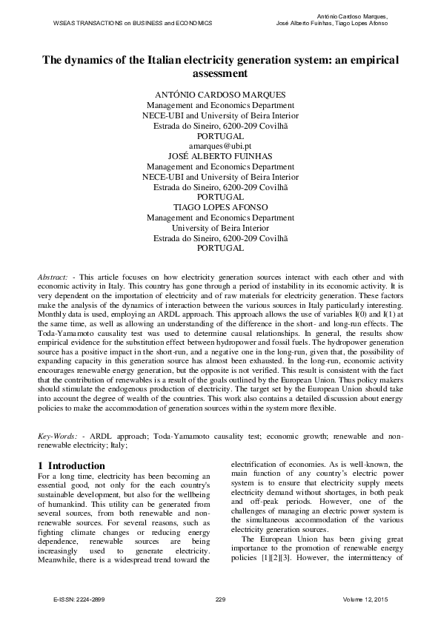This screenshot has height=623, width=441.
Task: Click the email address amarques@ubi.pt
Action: click(220, 147)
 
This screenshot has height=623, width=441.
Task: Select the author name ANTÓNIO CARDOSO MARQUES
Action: click(220, 95)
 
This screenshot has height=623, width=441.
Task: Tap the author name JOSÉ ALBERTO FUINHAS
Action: click(220, 158)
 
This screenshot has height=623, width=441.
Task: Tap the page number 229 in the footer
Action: click(219, 599)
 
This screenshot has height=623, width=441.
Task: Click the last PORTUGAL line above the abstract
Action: click(220, 249)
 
